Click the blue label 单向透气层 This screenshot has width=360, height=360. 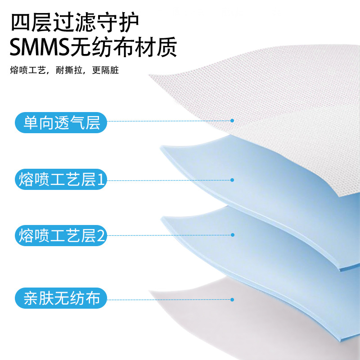61,121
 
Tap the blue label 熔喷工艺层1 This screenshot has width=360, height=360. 61,180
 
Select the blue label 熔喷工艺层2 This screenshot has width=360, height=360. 61,235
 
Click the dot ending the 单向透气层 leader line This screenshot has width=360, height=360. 232,121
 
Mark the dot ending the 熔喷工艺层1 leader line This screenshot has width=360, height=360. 232,180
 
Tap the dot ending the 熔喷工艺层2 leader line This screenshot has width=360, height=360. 232,235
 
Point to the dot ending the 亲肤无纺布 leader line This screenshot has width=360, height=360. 232,299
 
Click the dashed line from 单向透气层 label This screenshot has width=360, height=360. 171,121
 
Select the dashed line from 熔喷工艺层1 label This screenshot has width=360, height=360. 171,180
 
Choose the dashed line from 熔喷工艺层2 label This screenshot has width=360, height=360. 171,235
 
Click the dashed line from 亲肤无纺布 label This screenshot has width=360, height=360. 171,299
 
